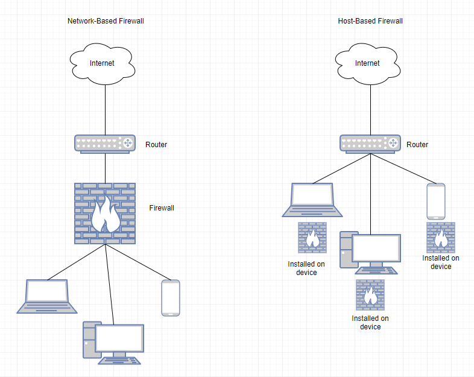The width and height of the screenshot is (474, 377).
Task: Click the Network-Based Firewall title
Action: point(106,21)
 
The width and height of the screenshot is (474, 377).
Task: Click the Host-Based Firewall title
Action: point(370,21)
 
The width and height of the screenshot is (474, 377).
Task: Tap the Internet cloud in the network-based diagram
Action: point(102,63)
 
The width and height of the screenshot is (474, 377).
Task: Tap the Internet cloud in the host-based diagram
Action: point(367,63)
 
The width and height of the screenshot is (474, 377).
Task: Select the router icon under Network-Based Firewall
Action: point(105,144)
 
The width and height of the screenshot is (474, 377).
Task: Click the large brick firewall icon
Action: point(105,214)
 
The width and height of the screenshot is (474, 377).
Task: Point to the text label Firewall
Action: point(162,208)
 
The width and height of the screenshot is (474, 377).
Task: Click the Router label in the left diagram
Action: point(156,145)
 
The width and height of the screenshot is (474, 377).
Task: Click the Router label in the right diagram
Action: point(417,145)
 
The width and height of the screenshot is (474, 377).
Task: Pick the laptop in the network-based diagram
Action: point(48,296)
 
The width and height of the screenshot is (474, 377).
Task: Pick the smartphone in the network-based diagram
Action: point(171,298)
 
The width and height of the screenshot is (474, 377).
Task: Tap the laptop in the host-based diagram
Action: point(312,200)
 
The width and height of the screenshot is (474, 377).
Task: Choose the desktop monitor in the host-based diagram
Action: point(376,252)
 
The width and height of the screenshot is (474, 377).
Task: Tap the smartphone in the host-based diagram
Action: point(436,201)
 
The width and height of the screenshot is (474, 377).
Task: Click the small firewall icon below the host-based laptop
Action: point(312,238)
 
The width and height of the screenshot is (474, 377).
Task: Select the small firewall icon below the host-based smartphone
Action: point(441,238)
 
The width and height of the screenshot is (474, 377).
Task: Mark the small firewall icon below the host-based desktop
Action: point(370,295)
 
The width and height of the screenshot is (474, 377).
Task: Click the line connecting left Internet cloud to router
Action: point(106,109)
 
